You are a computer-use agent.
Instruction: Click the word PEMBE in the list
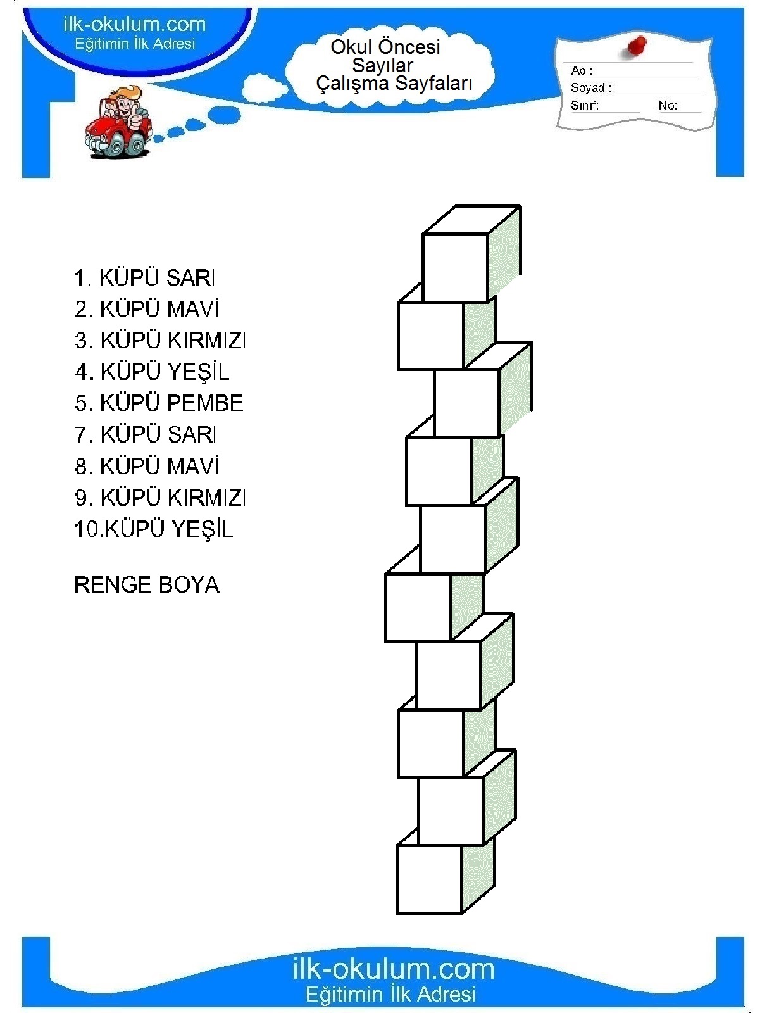click(205, 403)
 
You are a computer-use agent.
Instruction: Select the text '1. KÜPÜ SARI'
click(144, 278)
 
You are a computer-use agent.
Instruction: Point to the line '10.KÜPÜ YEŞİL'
click(154, 529)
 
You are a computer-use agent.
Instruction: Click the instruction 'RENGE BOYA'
click(147, 585)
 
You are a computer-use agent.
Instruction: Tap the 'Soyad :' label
click(591, 87)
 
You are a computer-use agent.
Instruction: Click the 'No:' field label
click(668, 105)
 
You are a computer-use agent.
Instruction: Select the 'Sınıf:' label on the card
click(585, 105)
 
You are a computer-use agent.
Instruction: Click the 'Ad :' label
click(582, 71)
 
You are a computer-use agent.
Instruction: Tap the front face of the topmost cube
click(455, 268)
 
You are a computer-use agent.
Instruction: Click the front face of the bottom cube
click(430, 879)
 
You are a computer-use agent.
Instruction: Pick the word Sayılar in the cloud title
click(382, 65)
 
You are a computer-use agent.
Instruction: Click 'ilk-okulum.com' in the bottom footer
click(394, 969)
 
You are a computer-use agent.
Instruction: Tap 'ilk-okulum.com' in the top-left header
click(134, 24)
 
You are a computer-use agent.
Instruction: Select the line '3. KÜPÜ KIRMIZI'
click(159, 340)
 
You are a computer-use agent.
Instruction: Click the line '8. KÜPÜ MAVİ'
click(147, 465)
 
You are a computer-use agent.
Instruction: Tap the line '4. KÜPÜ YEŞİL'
click(152, 372)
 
